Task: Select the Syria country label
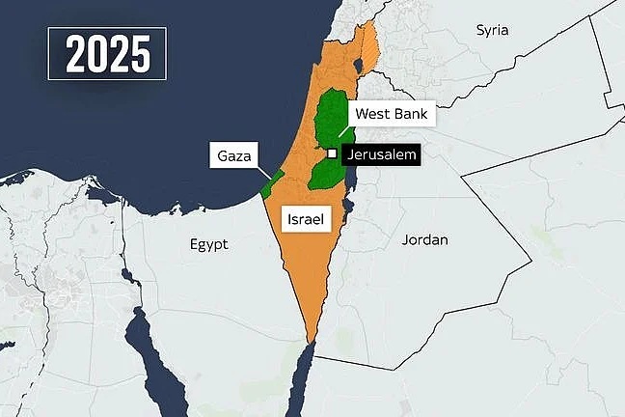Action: [x=492, y=30]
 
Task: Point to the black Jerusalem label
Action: [x=379, y=153]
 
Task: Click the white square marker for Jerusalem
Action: [x=331, y=153]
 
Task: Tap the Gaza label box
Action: [x=235, y=154]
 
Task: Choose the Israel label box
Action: [x=305, y=219]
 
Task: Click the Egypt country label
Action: [x=208, y=244]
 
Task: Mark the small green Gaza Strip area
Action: [x=271, y=183]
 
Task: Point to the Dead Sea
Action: [x=349, y=174]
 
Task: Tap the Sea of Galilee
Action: [x=358, y=66]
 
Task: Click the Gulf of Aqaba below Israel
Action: [x=303, y=372]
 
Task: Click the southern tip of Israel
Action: [x=311, y=339]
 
